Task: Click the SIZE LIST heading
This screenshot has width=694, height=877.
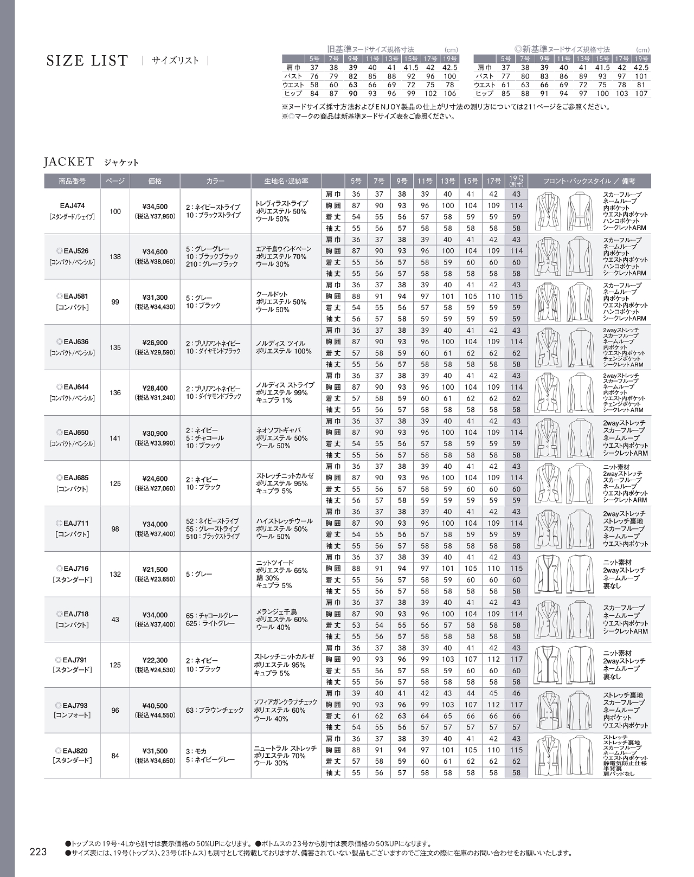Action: [x=87, y=61]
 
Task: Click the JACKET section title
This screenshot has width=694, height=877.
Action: [x=69, y=162]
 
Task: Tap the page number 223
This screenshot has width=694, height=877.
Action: [x=38, y=852]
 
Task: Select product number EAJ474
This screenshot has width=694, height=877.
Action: [x=72, y=206]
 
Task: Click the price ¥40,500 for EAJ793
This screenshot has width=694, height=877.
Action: [x=155, y=706]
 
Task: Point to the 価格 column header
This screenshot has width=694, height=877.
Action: [x=155, y=181]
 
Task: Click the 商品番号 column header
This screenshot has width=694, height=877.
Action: [x=72, y=181]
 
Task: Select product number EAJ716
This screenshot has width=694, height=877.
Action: [x=72, y=569]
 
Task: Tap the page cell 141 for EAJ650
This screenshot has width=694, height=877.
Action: [x=115, y=438]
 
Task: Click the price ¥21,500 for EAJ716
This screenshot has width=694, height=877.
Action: [x=155, y=570]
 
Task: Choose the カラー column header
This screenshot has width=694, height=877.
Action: [x=215, y=181]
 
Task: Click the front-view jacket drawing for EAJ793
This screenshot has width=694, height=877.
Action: [x=548, y=710]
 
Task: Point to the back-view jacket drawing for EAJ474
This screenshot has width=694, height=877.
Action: [x=580, y=211]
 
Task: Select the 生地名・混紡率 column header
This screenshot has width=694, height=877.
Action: [x=286, y=181]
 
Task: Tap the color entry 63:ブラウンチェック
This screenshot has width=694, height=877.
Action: [x=215, y=710]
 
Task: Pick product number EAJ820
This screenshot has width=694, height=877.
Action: [x=72, y=751]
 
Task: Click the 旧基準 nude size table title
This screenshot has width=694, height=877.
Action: [x=370, y=49]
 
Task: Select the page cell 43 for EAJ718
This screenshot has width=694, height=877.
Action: [x=115, y=619]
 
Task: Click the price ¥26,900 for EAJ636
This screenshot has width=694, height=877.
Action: [x=155, y=343]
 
